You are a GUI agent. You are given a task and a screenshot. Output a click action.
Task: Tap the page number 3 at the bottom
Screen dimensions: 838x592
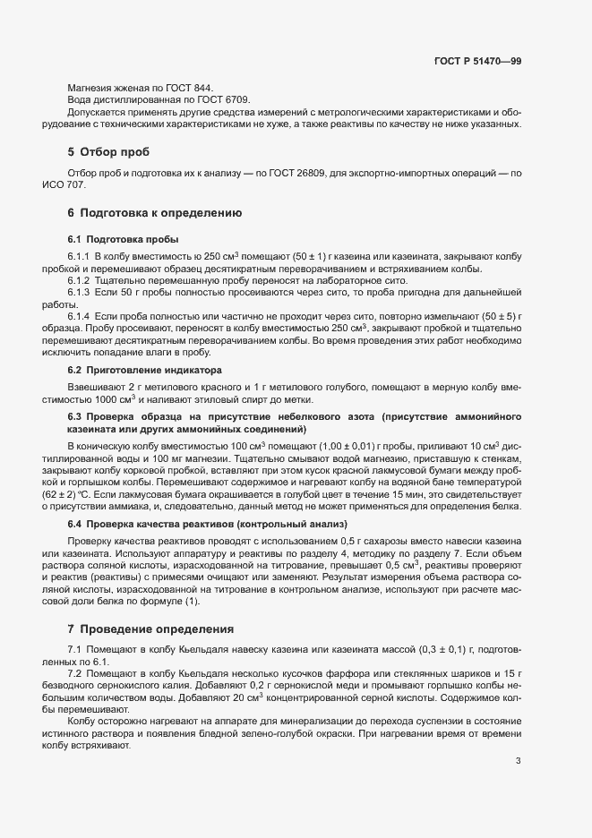click(518, 761)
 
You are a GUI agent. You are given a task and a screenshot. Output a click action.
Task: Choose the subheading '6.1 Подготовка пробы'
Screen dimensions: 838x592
click(123, 239)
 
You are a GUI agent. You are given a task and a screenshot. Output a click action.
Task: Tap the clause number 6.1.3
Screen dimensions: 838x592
click(80, 293)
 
